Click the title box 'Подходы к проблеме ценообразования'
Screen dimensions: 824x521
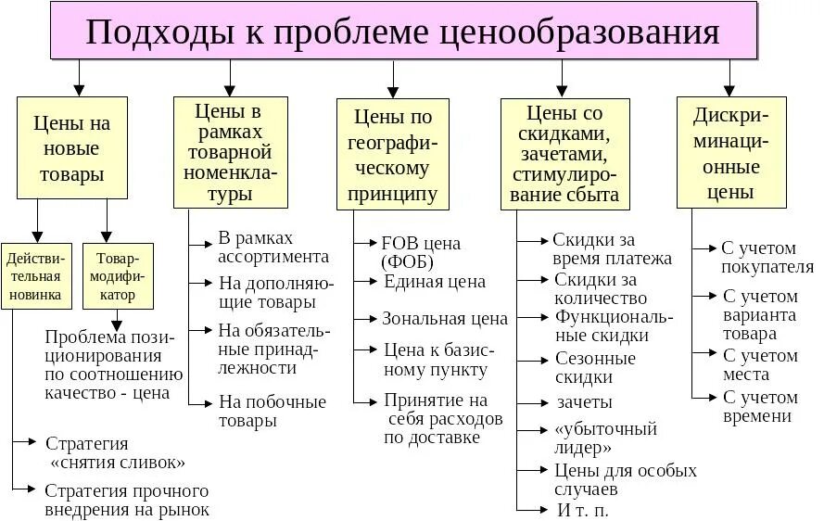coord(403,32)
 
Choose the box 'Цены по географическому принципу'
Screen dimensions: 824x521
coord(392,155)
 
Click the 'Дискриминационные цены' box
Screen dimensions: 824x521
coord(730,153)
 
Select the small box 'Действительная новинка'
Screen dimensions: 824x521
coord(37,275)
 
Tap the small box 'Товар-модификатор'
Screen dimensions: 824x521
coord(117,275)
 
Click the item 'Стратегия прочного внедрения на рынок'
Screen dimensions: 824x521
coord(127,500)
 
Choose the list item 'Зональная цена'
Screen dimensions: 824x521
coord(444,318)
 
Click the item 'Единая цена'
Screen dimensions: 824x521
coord(434,282)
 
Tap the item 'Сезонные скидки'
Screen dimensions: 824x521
coord(595,367)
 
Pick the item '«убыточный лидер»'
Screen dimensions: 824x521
coord(605,438)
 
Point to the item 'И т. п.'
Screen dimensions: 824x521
coord(583,510)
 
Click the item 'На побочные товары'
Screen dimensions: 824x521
coord(272,411)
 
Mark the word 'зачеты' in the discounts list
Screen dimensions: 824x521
coord(584,402)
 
